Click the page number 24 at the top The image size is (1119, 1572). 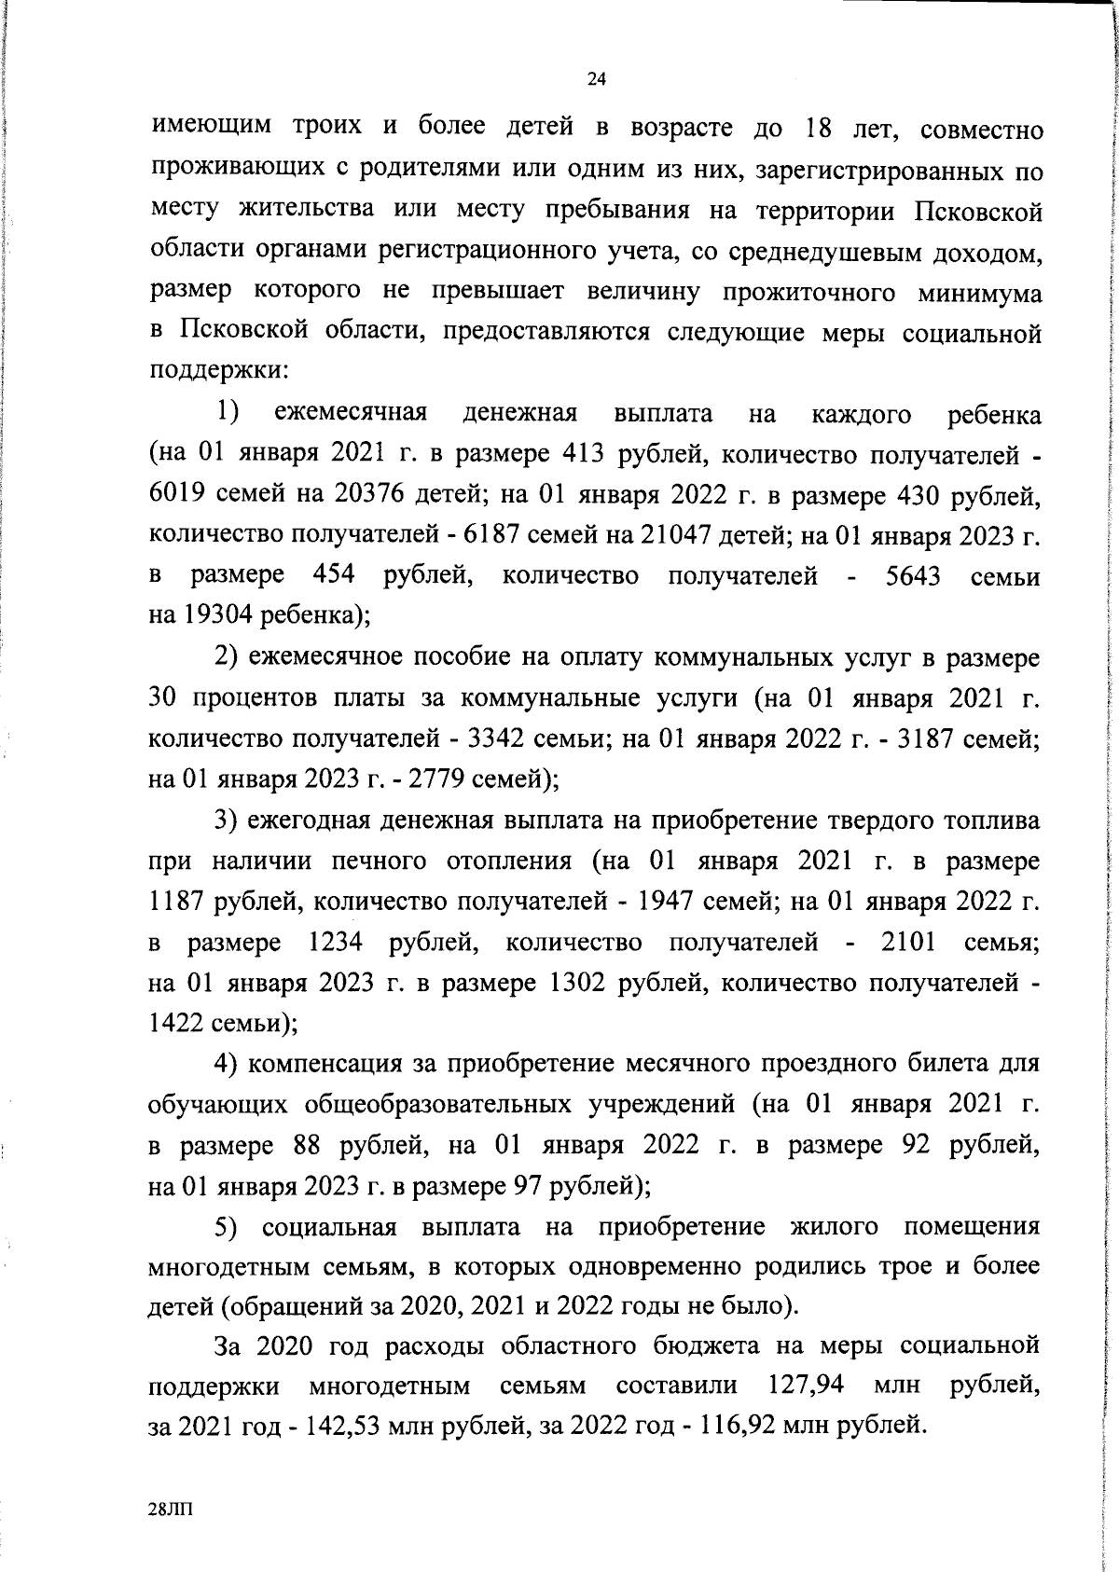coord(597,80)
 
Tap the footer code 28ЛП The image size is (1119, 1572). coord(172,1509)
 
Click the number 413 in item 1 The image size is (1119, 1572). coord(586,454)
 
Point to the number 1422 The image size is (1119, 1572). coord(176,1024)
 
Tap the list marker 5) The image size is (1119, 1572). coord(228,1228)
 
